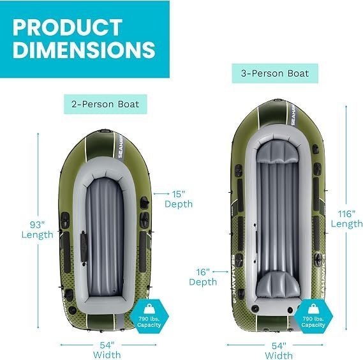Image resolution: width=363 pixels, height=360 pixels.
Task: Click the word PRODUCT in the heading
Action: pyautogui.click(x=68, y=27)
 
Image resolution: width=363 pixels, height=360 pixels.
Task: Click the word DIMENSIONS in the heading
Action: pyautogui.click(x=84, y=50)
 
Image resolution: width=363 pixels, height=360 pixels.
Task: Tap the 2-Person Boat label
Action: pyautogui.click(x=105, y=104)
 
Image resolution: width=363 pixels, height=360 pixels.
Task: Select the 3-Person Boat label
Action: pyautogui.click(x=275, y=73)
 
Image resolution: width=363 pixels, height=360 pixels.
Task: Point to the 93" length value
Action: pyautogui.click(x=37, y=225)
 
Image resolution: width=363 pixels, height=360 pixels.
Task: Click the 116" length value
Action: pyautogui.click(x=346, y=214)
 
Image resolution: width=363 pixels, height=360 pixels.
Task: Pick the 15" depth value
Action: pyautogui.click(x=179, y=194)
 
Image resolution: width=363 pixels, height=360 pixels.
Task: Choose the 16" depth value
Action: pyautogui.click(x=203, y=272)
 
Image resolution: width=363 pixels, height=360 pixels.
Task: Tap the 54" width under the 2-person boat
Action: pyautogui.click(x=107, y=345)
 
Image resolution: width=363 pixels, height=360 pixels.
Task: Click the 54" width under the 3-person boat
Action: pyautogui.click(x=279, y=346)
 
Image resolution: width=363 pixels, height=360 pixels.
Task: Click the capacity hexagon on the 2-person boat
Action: pyautogui.click(x=149, y=316)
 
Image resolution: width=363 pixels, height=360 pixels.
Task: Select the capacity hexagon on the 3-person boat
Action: pyautogui.click(x=313, y=316)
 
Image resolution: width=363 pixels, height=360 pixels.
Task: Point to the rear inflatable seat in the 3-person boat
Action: pyautogui.click(x=278, y=285)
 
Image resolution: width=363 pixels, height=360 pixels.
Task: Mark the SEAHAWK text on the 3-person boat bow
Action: pyautogui.click(x=293, y=115)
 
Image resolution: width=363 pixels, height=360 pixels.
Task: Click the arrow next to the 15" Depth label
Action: pyautogui.click(x=161, y=193)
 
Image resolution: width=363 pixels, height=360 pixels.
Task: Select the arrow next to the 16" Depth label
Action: pyautogui.click(x=220, y=271)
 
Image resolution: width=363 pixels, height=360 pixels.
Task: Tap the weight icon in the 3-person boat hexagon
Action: pyautogui.click(x=313, y=309)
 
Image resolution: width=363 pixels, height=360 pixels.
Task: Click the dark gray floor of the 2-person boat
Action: pyautogui.click(x=105, y=236)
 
